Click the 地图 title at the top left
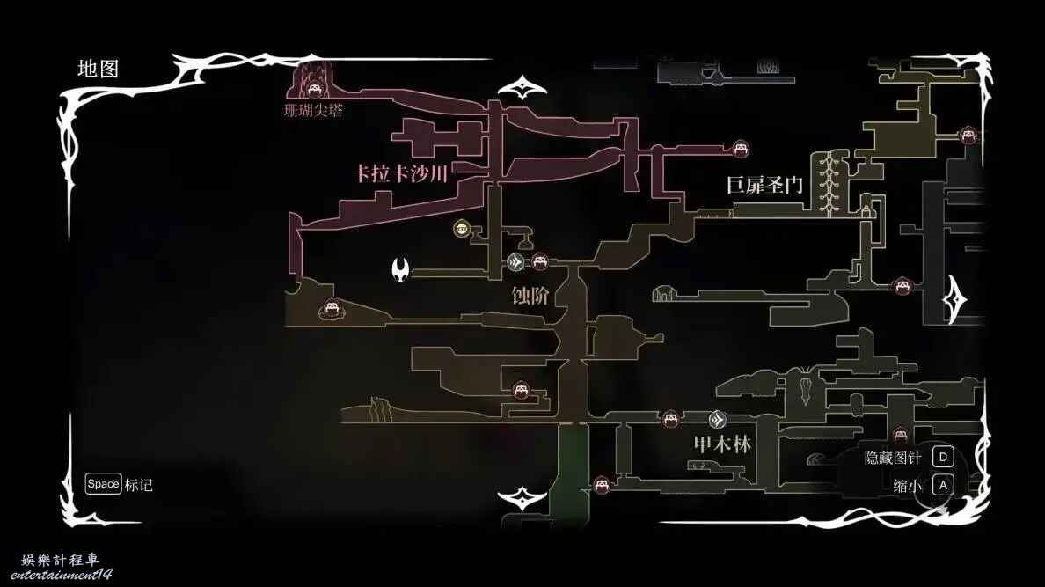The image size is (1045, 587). coord(98,69)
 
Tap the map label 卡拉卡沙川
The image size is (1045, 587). coord(400,174)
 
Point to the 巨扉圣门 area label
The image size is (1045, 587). coord(764,185)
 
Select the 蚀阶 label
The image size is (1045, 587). coord(530,296)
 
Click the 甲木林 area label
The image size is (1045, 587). coord(722,444)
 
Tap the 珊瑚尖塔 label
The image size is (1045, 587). coord(313,110)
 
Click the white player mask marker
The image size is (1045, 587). coord(400,269)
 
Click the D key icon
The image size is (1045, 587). coord(943,457)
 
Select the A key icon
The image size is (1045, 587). coord(943,485)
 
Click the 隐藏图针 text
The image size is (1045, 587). coord(892,458)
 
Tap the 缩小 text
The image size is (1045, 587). coord(907,486)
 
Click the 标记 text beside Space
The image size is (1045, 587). coord(139,485)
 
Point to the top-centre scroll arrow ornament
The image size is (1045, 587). coord(522,88)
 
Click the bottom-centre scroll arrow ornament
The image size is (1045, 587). coord(522,498)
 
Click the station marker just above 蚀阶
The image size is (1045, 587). coord(515,262)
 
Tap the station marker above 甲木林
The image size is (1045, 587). coord(717,420)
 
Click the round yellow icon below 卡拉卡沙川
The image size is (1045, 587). coord(461,230)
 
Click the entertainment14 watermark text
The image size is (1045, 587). coord(62,575)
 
